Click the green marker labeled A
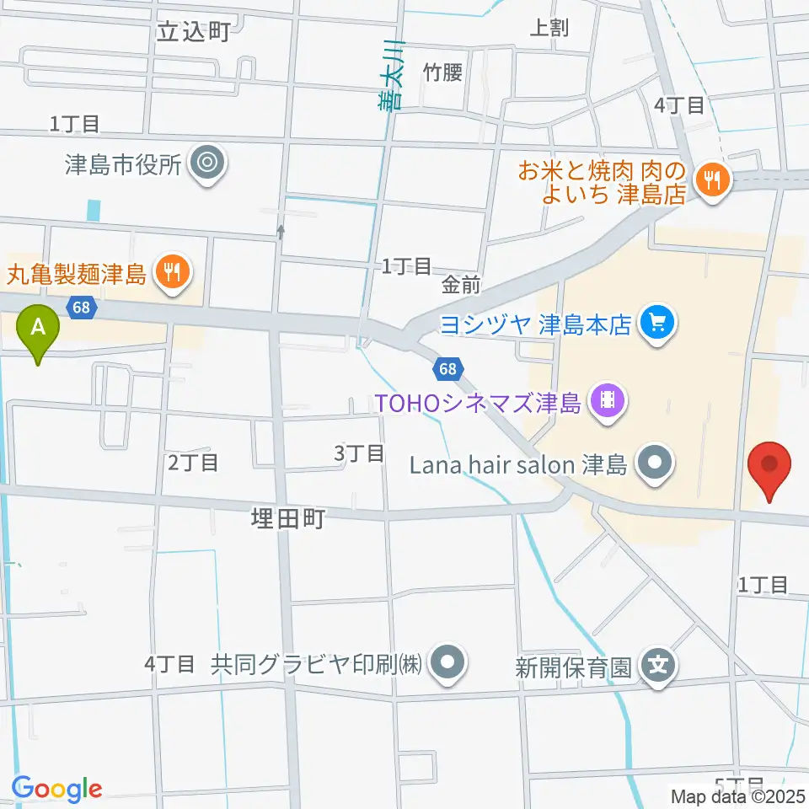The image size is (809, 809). point(38,327)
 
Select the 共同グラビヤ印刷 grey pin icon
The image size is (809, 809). point(447,662)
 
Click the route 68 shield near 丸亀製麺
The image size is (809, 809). point(81,308)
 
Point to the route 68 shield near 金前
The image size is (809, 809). point(447,368)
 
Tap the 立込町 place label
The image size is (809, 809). point(194,32)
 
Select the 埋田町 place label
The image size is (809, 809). point(287,518)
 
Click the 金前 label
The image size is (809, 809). point(460,286)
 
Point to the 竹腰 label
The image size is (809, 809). point(443,72)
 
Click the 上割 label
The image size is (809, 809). point(549,28)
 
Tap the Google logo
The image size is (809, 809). point(56,789)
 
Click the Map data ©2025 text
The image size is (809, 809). point(738,796)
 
